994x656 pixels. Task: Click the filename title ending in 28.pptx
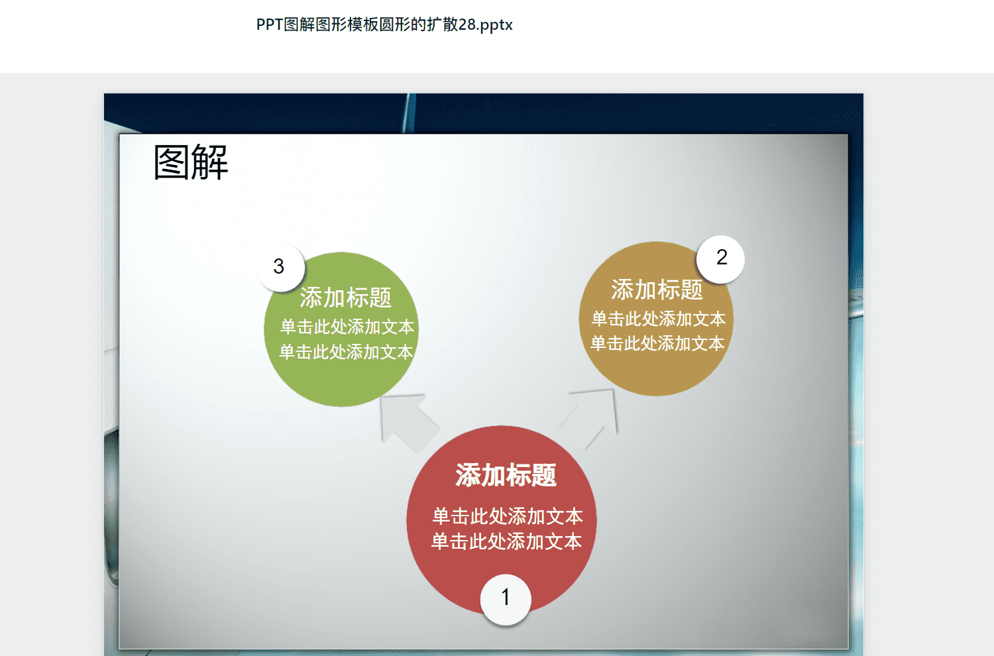point(384,25)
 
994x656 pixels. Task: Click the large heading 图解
point(191,162)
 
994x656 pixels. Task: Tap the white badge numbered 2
point(720,259)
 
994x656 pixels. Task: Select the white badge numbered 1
point(506,600)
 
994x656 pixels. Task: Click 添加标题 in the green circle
point(345,298)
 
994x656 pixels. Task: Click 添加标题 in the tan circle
point(657,290)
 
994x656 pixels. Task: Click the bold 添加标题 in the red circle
point(506,475)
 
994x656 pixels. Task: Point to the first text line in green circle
point(347,327)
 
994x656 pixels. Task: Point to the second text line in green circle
point(346,352)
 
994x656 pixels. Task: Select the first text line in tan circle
point(658,319)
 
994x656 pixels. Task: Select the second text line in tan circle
point(657,343)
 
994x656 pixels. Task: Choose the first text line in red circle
point(507,516)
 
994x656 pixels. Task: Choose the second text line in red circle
point(506,541)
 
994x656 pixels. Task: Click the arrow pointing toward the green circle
point(408,421)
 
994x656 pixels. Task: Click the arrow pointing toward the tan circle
point(591,417)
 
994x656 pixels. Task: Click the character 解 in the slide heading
point(210,162)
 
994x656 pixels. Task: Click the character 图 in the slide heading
point(172,162)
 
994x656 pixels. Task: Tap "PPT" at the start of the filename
point(269,25)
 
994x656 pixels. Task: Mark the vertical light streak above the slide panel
point(409,113)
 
